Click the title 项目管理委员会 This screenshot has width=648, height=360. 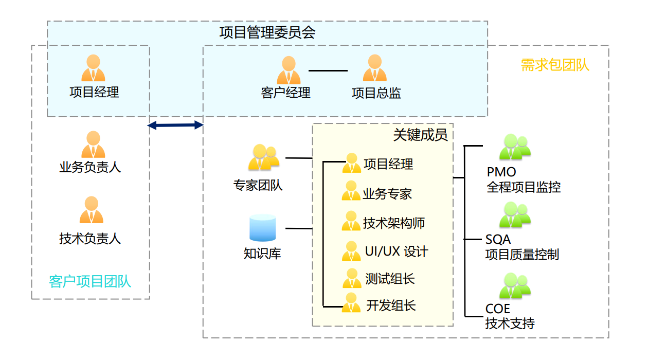[x=267, y=33]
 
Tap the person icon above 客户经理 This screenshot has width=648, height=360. [x=289, y=70]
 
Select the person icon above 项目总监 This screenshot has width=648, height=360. [x=374, y=68]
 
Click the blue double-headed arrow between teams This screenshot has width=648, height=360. [x=175, y=125]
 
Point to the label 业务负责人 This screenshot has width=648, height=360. [x=90, y=168]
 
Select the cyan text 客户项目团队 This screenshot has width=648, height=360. [x=90, y=281]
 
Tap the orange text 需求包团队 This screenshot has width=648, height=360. [x=555, y=65]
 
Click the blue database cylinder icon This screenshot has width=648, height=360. [x=262, y=228]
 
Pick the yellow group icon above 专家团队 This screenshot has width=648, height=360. [x=263, y=157]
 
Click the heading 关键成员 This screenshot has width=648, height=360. [x=420, y=135]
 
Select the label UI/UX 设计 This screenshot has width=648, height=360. [x=396, y=252]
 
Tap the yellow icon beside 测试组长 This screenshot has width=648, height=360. [x=352, y=278]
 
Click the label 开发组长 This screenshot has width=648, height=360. [x=391, y=305]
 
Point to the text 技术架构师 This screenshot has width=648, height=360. [x=394, y=223]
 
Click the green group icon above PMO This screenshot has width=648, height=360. [x=514, y=148]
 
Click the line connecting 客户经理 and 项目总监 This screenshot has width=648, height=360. [x=328, y=70]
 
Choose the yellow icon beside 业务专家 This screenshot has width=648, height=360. [x=351, y=191]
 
